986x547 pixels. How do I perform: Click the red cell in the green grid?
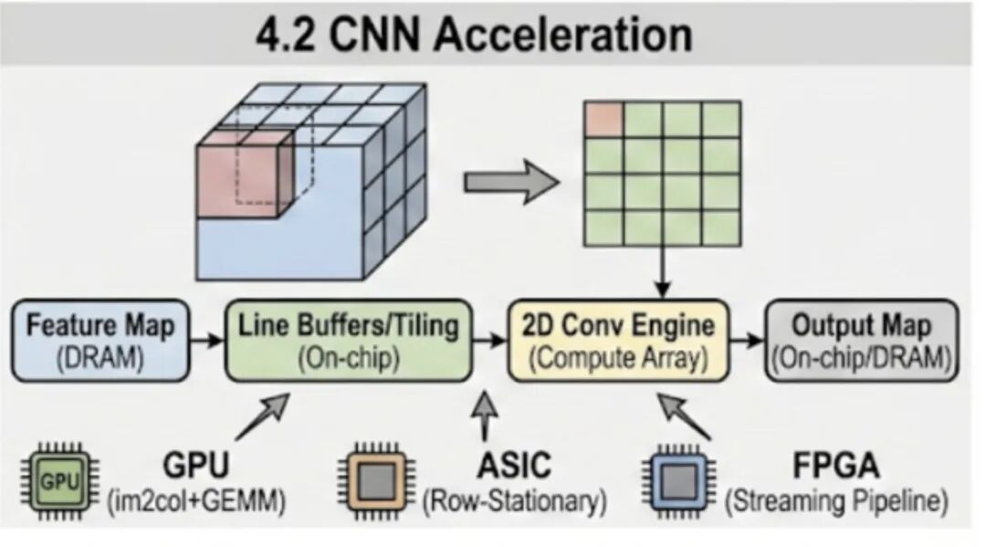tap(603, 119)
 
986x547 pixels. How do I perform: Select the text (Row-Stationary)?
tap(514, 501)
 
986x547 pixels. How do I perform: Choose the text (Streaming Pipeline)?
tap(836, 501)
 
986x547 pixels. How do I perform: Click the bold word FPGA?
tap(835, 466)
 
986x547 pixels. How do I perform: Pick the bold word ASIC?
tap(513, 465)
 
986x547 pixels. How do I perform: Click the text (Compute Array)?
tap(621, 358)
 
